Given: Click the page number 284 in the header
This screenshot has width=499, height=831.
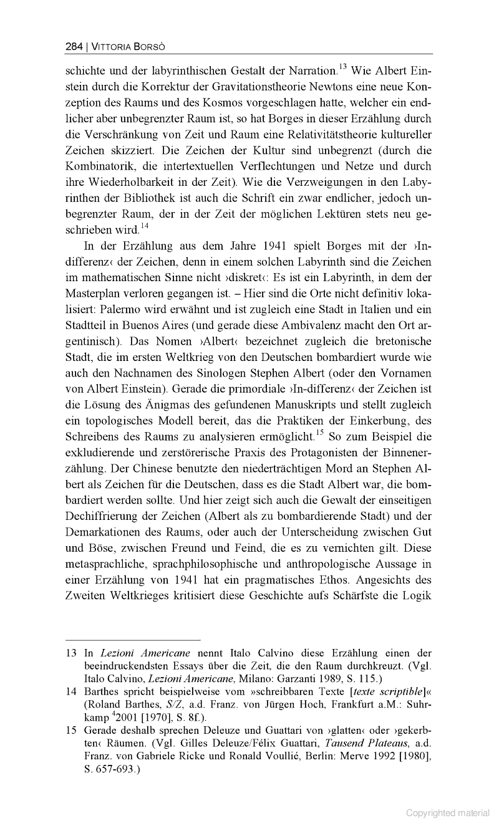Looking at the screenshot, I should tap(74, 46).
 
